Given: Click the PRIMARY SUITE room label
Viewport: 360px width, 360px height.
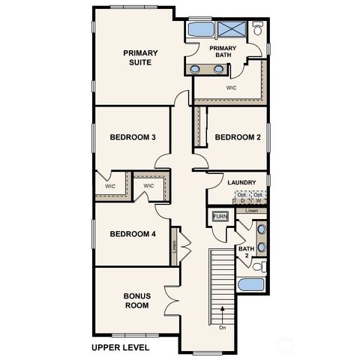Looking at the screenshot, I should click(139, 57).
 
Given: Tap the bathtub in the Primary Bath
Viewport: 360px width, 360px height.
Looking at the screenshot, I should click(199, 30).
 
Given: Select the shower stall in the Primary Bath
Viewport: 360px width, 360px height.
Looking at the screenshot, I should click(232, 31).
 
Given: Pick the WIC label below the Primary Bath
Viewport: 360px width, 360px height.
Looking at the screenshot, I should click(232, 88).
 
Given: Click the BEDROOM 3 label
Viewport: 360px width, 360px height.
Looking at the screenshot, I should click(133, 137).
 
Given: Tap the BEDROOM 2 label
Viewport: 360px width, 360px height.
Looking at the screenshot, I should click(237, 137).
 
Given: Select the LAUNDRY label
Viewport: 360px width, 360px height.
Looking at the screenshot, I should click(242, 182).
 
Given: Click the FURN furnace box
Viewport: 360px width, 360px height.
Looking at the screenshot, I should click(220, 217).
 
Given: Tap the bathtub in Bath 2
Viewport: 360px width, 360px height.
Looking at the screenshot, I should click(250, 286).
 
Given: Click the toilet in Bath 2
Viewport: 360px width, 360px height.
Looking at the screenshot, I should click(259, 266).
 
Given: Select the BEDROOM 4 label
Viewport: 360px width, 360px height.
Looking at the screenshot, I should click(133, 234).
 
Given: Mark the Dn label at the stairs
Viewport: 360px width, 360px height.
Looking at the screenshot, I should click(223, 327).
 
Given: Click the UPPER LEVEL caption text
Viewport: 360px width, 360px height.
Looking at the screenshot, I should click(120, 348).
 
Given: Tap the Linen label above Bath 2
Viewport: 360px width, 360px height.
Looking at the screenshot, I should click(251, 211).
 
